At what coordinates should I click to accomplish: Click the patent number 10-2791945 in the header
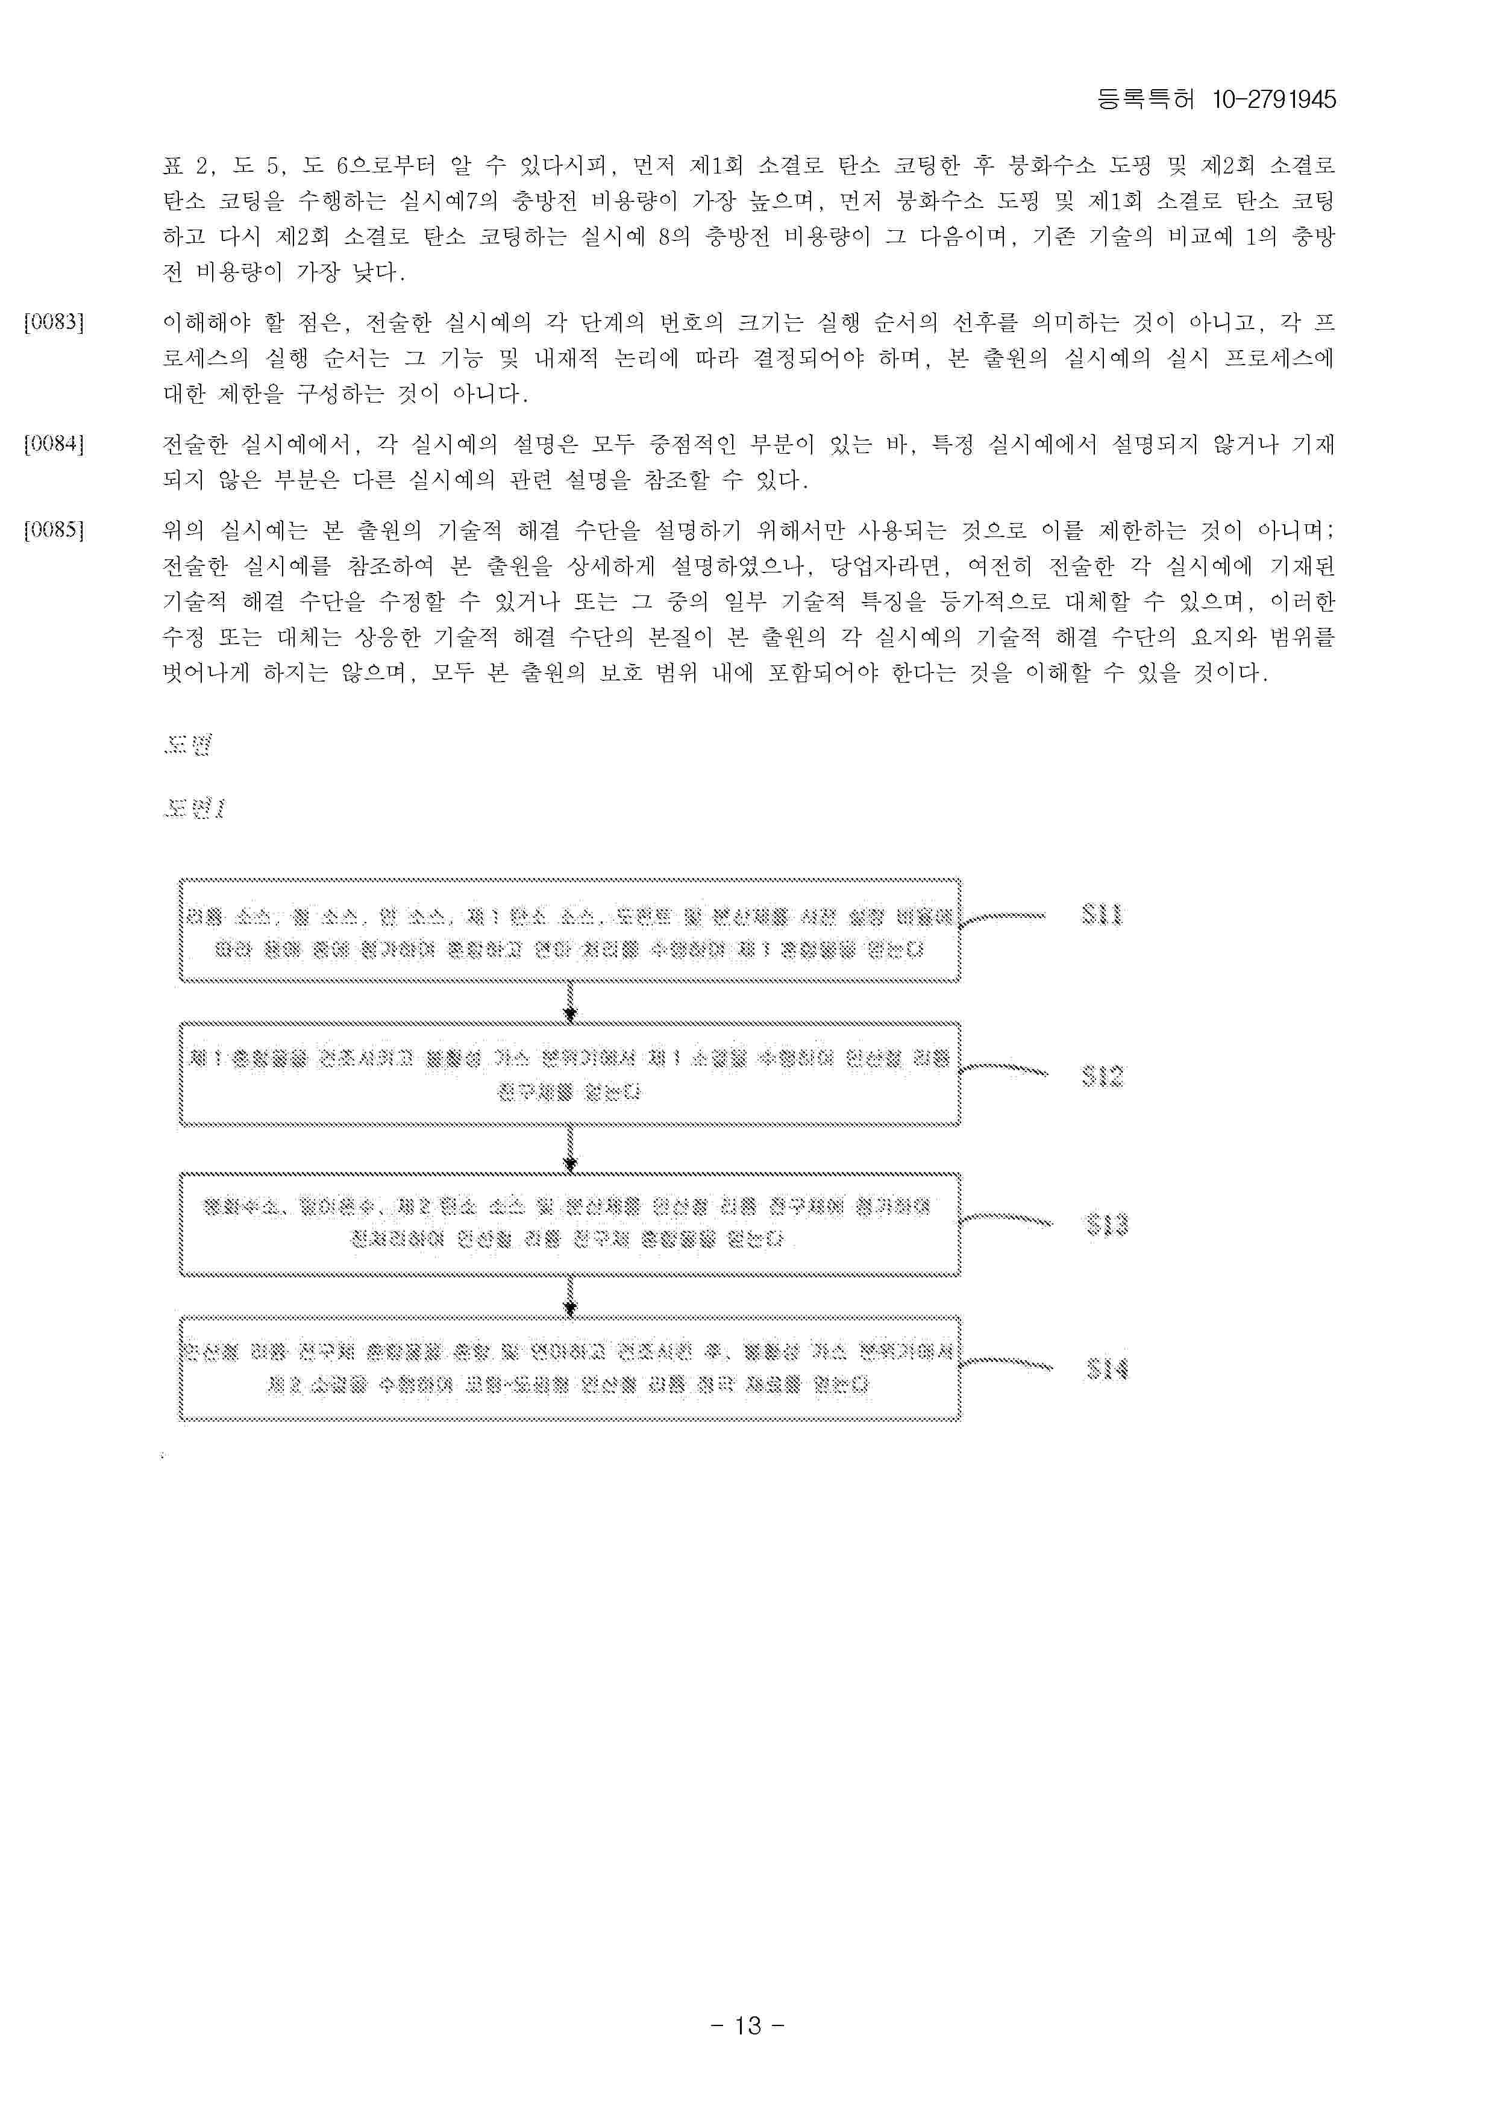(x=1274, y=99)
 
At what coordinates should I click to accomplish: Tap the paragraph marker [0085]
(x=54, y=530)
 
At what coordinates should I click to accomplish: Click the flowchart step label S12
(x=1103, y=1076)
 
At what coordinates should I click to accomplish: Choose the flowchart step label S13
(x=1106, y=1224)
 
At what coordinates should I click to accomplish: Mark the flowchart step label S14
(x=1106, y=1369)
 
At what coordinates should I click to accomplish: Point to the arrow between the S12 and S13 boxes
(x=570, y=1149)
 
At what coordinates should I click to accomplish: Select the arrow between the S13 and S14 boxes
(x=570, y=1296)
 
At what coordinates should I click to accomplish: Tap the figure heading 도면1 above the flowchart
(x=194, y=808)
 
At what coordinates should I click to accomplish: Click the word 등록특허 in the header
(x=1145, y=99)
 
